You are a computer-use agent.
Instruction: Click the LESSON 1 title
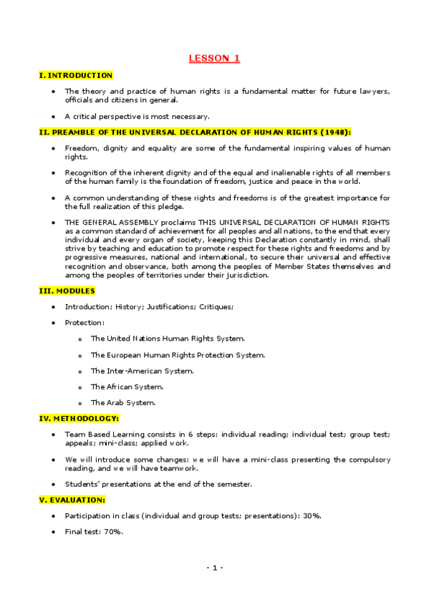tap(214, 59)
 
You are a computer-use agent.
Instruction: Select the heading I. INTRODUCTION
tap(75, 75)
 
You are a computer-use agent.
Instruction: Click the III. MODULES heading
tap(67, 291)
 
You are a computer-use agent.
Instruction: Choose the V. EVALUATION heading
tap(72, 500)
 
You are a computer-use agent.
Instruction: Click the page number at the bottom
tap(215, 568)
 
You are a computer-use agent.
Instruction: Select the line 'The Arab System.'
tap(122, 402)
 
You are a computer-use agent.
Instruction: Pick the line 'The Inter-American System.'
tap(142, 371)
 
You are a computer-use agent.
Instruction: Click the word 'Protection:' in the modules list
tap(85, 322)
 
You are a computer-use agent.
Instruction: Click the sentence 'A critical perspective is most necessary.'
tap(137, 116)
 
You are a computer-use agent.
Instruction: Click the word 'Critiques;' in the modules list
tap(216, 306)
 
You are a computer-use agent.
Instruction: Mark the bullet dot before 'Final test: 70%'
tap(54, 532)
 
